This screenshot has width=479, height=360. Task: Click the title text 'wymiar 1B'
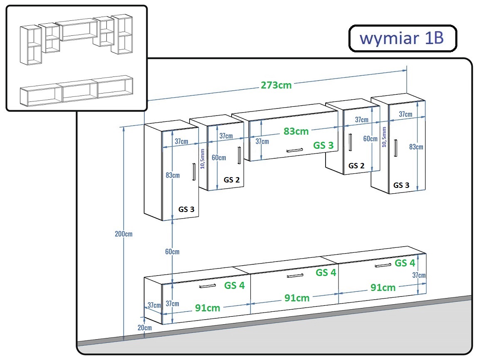[x=402, y=39]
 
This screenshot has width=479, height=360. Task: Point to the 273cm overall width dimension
[x=276, y=85]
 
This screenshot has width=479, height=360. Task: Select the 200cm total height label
[x=124, y=234]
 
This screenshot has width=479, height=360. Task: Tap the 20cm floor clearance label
[x=145, y=328]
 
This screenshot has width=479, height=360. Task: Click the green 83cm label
[x=296, y=131]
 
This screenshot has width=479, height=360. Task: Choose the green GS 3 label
[x=323, y=145]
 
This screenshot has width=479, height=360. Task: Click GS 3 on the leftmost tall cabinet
[x=186, y=210]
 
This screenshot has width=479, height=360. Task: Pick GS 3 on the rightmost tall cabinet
[x=401, y=185]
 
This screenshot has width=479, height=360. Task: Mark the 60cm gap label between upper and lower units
[x=172, y=252]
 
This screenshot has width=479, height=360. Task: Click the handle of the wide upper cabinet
[x=294, y=150]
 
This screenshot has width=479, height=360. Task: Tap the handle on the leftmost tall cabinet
[x=194, y=172]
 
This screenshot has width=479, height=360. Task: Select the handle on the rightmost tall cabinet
[x=395, y=148]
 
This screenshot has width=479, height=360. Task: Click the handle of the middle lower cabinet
[x=295, y=276]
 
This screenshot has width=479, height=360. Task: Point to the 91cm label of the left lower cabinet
[x=207, y=308]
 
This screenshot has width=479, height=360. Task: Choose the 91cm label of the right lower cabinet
[x=383, y=288]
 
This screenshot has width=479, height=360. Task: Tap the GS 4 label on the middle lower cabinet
[x=326, y=272]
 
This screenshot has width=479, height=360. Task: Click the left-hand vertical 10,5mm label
[x=202, y=159]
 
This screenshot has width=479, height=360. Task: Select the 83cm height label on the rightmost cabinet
[x=416, y=147]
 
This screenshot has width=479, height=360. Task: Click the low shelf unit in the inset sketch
[x=77, y=91]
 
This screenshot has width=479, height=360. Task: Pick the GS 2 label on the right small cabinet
[x=356, y=166]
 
